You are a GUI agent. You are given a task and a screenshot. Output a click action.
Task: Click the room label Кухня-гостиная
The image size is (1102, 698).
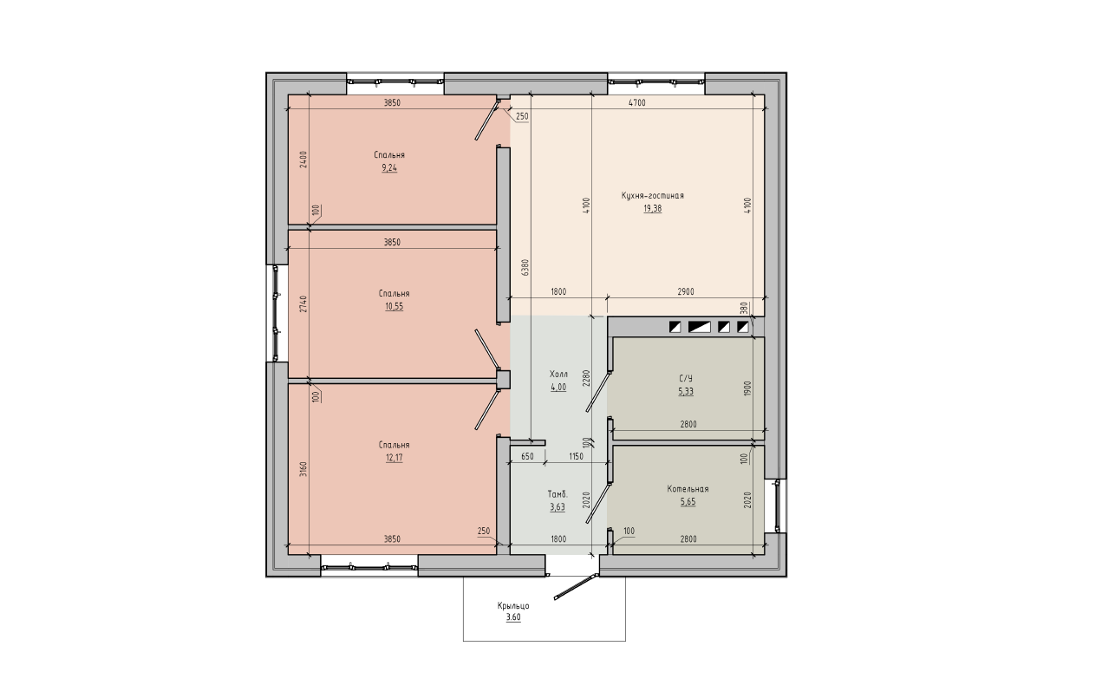click(652, 196)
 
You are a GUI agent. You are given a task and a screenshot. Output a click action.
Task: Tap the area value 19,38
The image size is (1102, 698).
click(652, 209)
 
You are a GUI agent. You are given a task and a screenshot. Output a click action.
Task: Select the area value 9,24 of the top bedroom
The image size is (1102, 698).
click(389, 167)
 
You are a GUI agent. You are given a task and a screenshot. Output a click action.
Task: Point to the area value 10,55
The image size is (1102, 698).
click(394, 306)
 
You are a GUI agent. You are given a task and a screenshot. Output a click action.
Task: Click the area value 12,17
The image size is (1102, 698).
click(394, 458)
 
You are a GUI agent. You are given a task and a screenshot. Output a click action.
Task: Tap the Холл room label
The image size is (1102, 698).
click(558, 375)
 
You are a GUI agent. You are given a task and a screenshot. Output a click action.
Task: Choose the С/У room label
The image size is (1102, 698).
click(686, 378)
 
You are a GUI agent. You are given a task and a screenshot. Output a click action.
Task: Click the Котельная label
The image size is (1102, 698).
click(688, 489)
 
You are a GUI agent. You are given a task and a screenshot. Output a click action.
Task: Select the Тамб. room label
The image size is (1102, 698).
click(558, 494)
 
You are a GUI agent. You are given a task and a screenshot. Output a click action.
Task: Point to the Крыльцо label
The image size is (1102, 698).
click(513, 606)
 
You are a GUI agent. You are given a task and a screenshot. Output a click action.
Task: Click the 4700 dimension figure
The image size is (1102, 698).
click(637, 103)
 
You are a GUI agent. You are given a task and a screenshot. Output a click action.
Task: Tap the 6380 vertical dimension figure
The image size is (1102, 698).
click(525, 267)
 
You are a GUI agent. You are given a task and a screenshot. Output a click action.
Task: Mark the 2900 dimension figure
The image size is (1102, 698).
click(686, 291)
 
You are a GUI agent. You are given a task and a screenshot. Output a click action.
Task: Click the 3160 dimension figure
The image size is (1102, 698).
click(303, 469)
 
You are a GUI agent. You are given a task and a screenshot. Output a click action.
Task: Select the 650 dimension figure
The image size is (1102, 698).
click(527, 456)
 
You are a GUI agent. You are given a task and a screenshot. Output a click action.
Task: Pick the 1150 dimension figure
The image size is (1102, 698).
click(576, 456)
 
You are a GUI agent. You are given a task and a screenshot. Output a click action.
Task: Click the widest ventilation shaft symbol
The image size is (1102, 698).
click(699, 327)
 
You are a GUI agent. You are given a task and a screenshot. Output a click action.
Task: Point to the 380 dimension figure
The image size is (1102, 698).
click(744, 308)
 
